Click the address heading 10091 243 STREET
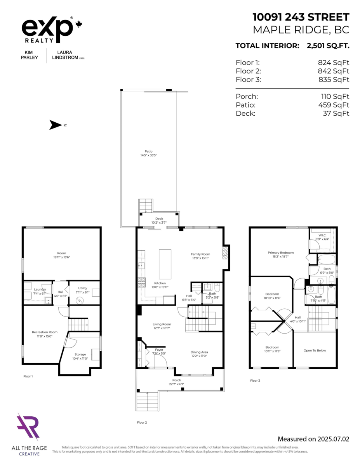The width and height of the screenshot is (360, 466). point(301,17)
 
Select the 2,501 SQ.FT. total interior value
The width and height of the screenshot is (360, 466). point(328,46)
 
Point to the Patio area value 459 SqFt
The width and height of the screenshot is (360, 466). point(334,105)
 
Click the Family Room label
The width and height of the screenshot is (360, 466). point(200,254)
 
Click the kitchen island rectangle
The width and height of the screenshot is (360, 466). point(165,264)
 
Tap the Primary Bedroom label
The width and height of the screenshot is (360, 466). point(280,252)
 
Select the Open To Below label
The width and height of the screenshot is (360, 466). point(315,350)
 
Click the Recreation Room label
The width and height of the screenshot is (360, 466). point(44,332)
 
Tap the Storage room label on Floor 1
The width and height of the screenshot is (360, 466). point(80,354)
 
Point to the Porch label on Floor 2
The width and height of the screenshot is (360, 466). point(177,380)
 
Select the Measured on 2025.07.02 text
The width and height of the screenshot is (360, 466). point(313,439)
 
